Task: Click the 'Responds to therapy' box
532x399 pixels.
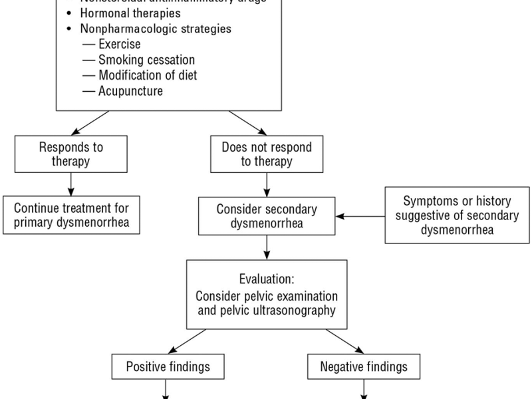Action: [71, 154]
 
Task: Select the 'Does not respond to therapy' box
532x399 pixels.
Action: [266, 154]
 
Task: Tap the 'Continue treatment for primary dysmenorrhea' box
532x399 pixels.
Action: [71, 215]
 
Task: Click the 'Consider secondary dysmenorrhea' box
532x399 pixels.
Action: [266, 215]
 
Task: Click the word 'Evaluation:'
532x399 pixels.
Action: [265, 277]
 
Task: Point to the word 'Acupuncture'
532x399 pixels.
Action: [130, 91]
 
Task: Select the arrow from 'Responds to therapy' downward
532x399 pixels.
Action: [71, 184]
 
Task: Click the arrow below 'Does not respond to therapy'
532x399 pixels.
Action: [266, 184]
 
